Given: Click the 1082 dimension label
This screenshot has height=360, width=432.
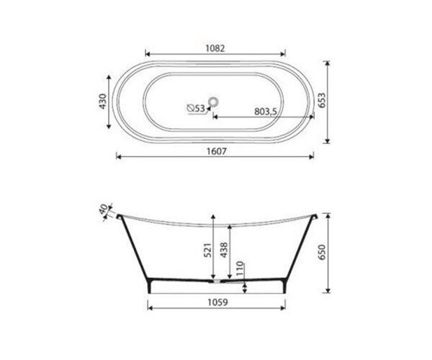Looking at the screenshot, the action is [x=215, y=48].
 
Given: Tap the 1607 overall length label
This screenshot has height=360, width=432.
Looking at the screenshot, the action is [x=216, y=151].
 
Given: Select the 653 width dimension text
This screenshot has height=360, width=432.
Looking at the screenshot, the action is [x=322, y=100].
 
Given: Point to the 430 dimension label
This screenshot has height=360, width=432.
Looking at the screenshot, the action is [x=102, y=102].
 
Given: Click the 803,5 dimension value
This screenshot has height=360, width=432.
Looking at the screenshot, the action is [x=265, y=112].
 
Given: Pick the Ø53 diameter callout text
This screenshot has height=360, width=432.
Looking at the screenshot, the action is [x=196, y=108].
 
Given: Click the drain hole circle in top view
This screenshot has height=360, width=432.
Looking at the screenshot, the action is [x=213, y=102].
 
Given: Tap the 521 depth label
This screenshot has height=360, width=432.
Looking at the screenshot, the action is [x=208, y=250].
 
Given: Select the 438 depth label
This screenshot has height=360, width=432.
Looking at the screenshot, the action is [x=224, y=250].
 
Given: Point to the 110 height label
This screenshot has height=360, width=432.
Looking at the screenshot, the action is [x=240, y=269].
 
